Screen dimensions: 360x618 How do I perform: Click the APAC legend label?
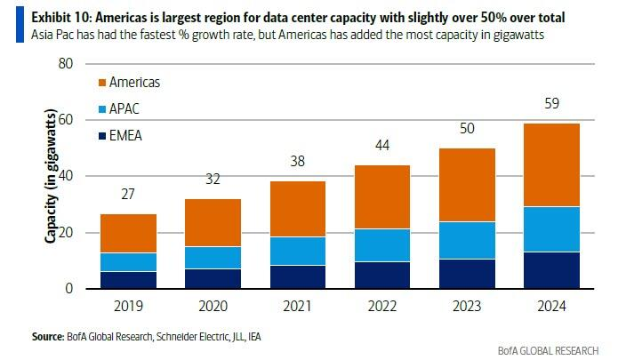(x=123, y=108)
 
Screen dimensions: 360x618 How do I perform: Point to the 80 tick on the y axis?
(x=65, y=64)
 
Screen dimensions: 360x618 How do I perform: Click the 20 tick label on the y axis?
(x=65, y=233)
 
